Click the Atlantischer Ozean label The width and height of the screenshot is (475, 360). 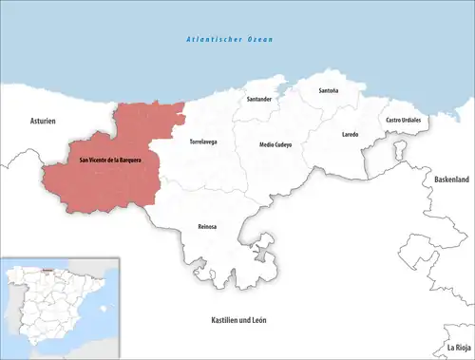click(229, 40)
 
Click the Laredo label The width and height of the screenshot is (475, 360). click(351, 135)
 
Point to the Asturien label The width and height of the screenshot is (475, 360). click(43, 122)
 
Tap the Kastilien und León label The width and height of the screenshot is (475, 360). click(238, 320)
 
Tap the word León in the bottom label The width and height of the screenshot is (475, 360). click(257, 320)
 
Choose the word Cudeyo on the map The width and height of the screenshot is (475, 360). click(283, 143)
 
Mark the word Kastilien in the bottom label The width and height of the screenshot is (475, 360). click(225, 320)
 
